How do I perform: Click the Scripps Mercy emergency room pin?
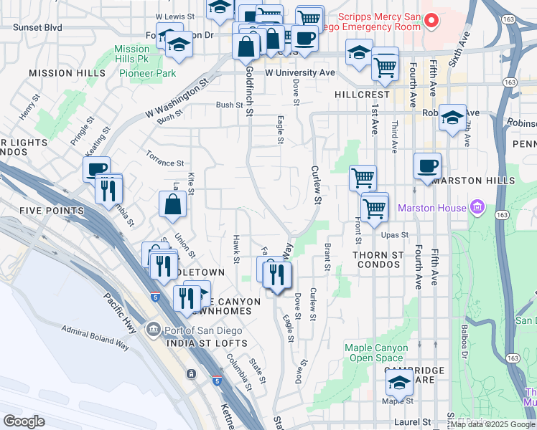tap(431, 20)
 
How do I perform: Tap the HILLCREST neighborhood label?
tap(362, 95)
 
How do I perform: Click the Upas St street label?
tap(394, 234)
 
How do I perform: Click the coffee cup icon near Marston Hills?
tap(427, 166)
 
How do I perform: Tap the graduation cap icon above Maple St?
tap(399, 384)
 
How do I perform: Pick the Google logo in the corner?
tap(24, 421)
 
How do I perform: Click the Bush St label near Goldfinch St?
tap(230, 105)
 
